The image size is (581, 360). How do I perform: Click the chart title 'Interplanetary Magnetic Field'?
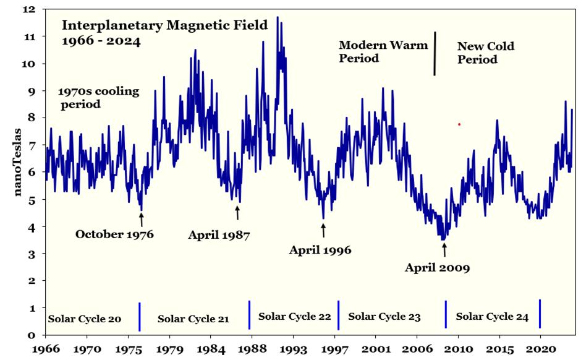164,25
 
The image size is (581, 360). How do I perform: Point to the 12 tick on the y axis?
30,10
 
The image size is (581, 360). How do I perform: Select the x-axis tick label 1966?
48,350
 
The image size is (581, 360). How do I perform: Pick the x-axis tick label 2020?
540,350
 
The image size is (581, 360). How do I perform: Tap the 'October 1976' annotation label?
114,234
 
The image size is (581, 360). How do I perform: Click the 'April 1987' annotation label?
219,235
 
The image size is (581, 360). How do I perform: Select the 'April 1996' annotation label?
320,251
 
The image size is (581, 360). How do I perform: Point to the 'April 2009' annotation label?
438,268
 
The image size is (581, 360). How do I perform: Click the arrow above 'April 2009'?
444,249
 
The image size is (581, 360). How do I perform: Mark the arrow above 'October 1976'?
141,219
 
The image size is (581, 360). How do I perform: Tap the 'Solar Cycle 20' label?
85,319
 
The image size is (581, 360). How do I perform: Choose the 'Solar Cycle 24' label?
492,317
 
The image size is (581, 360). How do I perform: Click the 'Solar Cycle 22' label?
295,317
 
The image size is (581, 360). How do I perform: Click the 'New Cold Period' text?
485,53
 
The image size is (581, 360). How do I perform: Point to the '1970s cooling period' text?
99,98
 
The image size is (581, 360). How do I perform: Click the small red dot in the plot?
459,124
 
